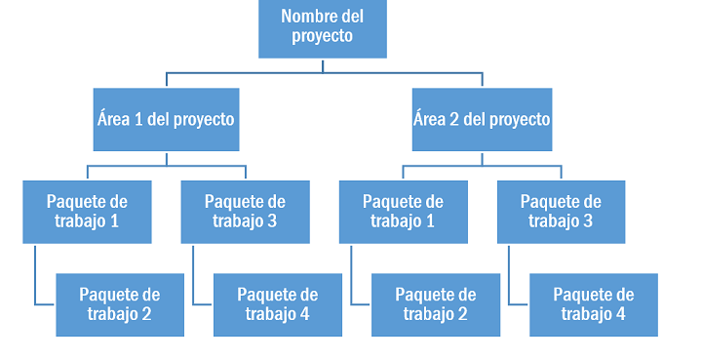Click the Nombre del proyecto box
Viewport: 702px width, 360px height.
point(323,28)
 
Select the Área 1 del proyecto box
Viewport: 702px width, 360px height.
point(166,120)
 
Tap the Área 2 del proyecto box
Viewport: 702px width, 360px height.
point(482,120)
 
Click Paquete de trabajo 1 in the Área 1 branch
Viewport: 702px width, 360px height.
point(88,213)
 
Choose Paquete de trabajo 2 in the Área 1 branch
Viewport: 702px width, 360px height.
point(120,305)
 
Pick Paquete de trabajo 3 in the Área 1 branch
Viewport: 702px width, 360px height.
point(246,213)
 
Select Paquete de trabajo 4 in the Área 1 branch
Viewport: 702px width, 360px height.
point(278,305)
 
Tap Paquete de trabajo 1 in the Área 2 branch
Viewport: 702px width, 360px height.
point(404,213)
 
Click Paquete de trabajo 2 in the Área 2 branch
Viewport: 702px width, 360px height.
point(436,305)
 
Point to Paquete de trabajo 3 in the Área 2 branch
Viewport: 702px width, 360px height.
point(561,213)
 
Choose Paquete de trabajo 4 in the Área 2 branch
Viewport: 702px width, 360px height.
point(594,305)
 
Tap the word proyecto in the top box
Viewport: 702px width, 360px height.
point(323,37)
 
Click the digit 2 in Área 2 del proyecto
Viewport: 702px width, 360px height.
point(454,120)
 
